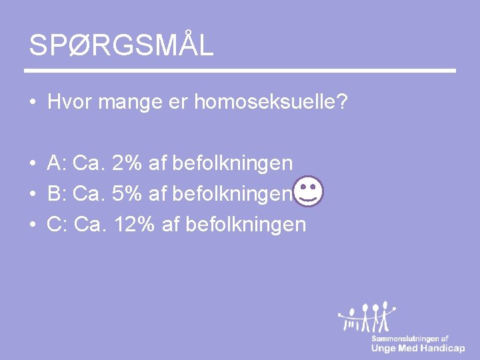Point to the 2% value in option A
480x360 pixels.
coord(126,163)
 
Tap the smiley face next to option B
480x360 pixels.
coord(308,191)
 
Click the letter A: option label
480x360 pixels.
coord(57,163)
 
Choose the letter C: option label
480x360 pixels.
coord(57,224)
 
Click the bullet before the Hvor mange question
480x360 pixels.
coord(32,103)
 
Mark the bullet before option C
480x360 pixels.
coord(32,225)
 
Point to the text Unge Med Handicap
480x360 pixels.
coord(418,348)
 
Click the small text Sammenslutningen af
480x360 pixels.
coord(409,339)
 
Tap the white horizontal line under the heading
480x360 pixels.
coord(240,70)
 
